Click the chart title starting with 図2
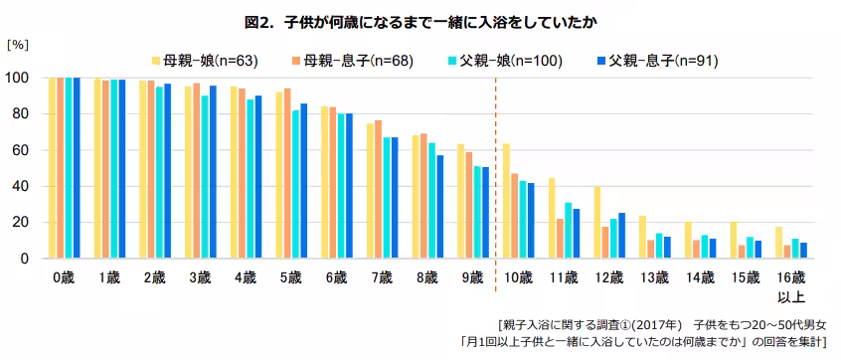click(420, 20)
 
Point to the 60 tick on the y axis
click(20, 150)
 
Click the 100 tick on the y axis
click(17, 78)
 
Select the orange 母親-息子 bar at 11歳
click(560, 239)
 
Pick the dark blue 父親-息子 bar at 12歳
click(621, 236)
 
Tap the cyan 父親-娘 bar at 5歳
click(296, 184)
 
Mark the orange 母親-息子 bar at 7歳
click(379, 189)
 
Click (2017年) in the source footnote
click(660, 325)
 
